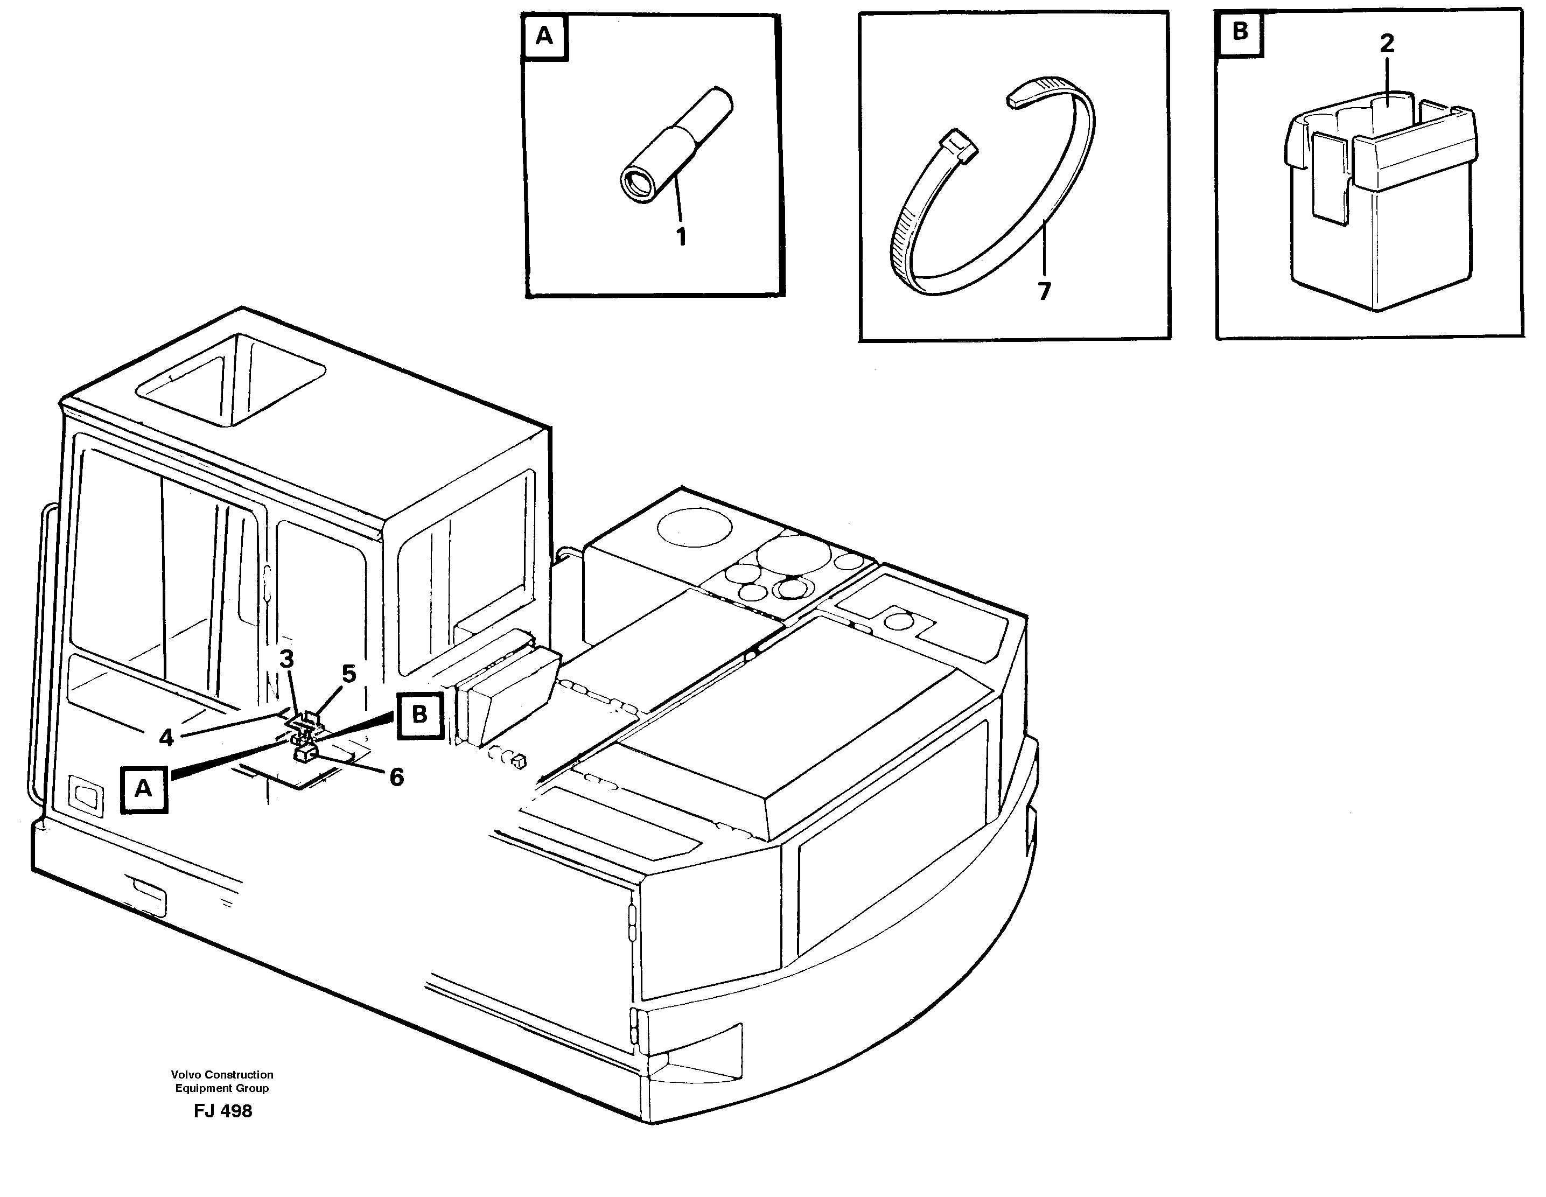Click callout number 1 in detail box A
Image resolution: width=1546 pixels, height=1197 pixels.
click(x=681, y=237)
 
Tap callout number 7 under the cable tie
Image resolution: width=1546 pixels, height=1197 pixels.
click(x=1044, y=291)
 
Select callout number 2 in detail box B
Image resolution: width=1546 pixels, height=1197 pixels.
click(x=1387, y=44)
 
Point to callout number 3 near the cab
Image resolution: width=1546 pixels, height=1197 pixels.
click(x=286, y=659)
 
